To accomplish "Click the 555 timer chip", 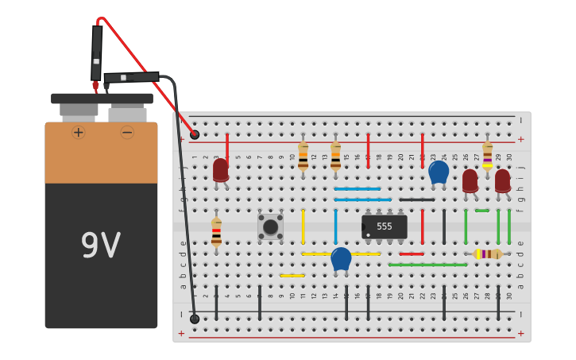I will tap(385, 226).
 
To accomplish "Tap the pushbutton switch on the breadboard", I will tap(270, 226).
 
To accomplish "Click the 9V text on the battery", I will tap(101, 246).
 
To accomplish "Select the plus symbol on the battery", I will tap(78, 132).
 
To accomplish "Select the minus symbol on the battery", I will tap(127, 132).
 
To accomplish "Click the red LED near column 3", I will tap(220, 170).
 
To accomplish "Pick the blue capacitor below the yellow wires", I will tap(341, 258).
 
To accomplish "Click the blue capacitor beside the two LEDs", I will tap(439, 172).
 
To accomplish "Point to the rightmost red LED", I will tap(502, 180).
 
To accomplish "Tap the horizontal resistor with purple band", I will tap(487, 254).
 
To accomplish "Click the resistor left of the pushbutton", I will tap(216, 232).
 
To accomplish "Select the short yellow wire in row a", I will tap(292, 276).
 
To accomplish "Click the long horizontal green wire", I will tap(427, 265).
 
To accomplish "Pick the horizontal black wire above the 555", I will tap(416, 199).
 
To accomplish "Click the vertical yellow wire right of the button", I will tap(303, 226).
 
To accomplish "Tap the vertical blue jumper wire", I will tap(335, 226).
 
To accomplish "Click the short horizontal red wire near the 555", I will tap(412, 254).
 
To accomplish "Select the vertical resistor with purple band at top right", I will tap(487, 156).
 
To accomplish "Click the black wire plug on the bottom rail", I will tap(195, 319).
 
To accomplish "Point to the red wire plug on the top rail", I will tap(195, 134).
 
